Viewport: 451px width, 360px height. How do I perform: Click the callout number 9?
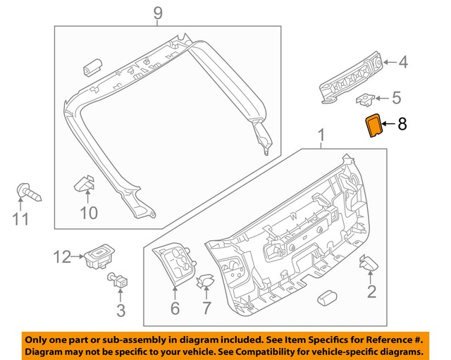157,13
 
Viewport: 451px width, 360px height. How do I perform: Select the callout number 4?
402,63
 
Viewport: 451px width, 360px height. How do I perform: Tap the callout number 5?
396,98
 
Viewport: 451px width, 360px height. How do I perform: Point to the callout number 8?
402,125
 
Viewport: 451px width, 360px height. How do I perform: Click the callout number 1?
321,133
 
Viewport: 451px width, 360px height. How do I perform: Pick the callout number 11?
21,219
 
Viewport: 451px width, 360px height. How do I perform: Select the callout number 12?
61,257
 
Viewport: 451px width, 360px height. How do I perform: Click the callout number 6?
175,308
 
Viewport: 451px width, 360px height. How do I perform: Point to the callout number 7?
206,308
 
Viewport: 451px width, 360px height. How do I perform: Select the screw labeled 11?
27,190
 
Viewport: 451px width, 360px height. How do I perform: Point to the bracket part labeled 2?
369,264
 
